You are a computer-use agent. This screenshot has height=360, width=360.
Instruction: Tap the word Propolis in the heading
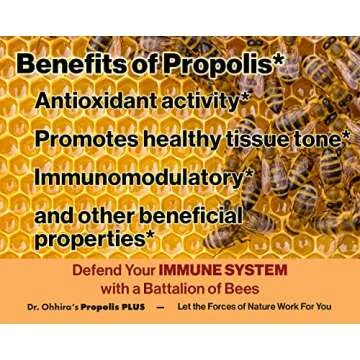click(x=210, y=65)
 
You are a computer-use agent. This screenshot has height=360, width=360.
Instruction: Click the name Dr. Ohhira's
click(x=51, y=307)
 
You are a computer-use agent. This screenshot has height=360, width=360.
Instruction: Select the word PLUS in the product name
click(x=130, y=307)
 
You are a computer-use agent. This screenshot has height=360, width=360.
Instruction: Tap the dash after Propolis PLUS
click(x=159, y=307)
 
